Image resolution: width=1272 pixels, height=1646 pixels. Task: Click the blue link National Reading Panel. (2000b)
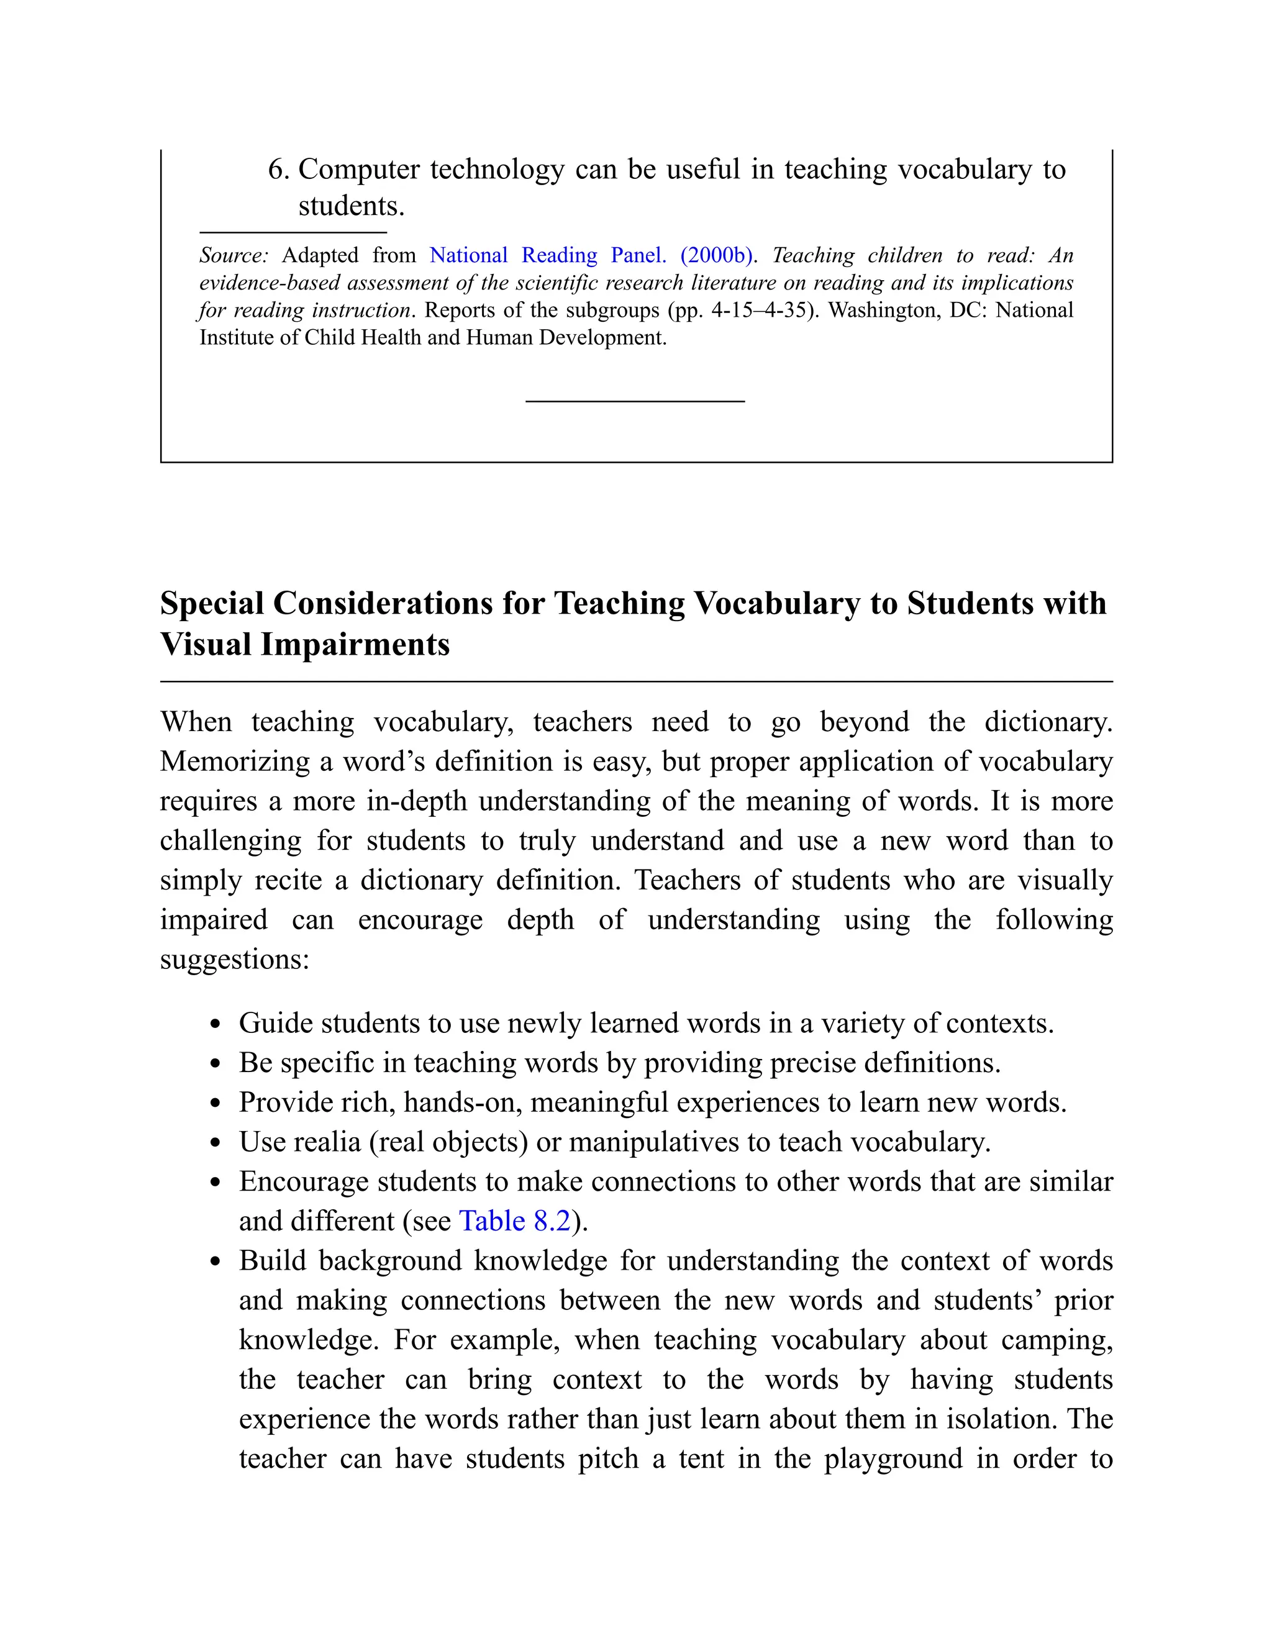(591, 255)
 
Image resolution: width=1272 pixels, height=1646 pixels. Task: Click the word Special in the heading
(212, 604)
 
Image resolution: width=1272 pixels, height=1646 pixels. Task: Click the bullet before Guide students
(216, 1025)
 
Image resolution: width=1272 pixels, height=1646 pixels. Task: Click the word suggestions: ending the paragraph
(234, 960)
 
